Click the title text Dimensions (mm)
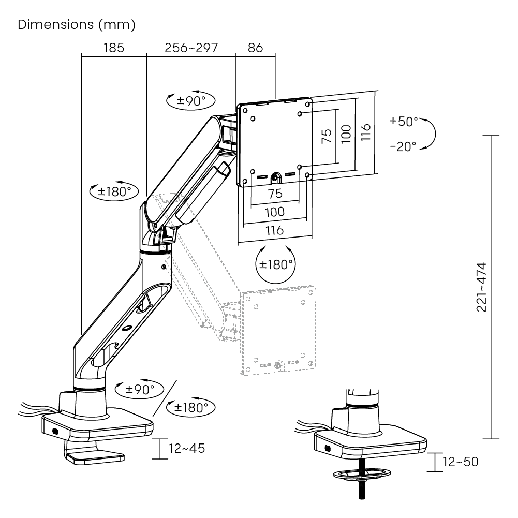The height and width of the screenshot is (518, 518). click(76, 24)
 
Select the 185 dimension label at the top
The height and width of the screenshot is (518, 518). click(114, 48)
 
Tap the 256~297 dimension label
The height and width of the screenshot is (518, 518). click(191, 48)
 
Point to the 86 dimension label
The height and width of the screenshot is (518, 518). click(255, 48)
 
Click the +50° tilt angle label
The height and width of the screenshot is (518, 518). click(403, 121)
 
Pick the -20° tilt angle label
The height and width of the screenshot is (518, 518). click(403, 146)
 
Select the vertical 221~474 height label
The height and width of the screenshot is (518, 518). click(482, 287)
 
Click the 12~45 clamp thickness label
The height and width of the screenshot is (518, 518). click(187, 448)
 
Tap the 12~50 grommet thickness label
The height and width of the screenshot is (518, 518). click(460, 462)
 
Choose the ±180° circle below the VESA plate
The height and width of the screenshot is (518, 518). click(275, 264)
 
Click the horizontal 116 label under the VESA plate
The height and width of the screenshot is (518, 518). click(275, 230)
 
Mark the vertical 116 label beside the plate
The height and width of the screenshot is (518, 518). click(366, 132)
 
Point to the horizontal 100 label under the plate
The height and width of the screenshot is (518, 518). click(275, 212)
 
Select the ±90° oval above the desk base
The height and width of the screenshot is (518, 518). click(139, 389)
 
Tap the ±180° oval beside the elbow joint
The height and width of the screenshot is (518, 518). click(114, 191)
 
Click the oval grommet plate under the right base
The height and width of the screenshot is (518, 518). click(362, 474)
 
